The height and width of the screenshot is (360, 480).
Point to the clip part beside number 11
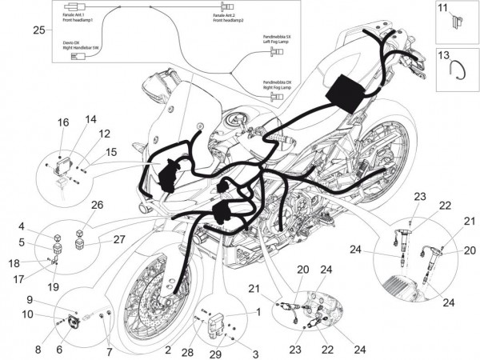454,24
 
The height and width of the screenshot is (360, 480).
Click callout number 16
64,122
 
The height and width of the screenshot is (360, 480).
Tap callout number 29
216,353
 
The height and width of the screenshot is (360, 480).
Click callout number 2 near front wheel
168,349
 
